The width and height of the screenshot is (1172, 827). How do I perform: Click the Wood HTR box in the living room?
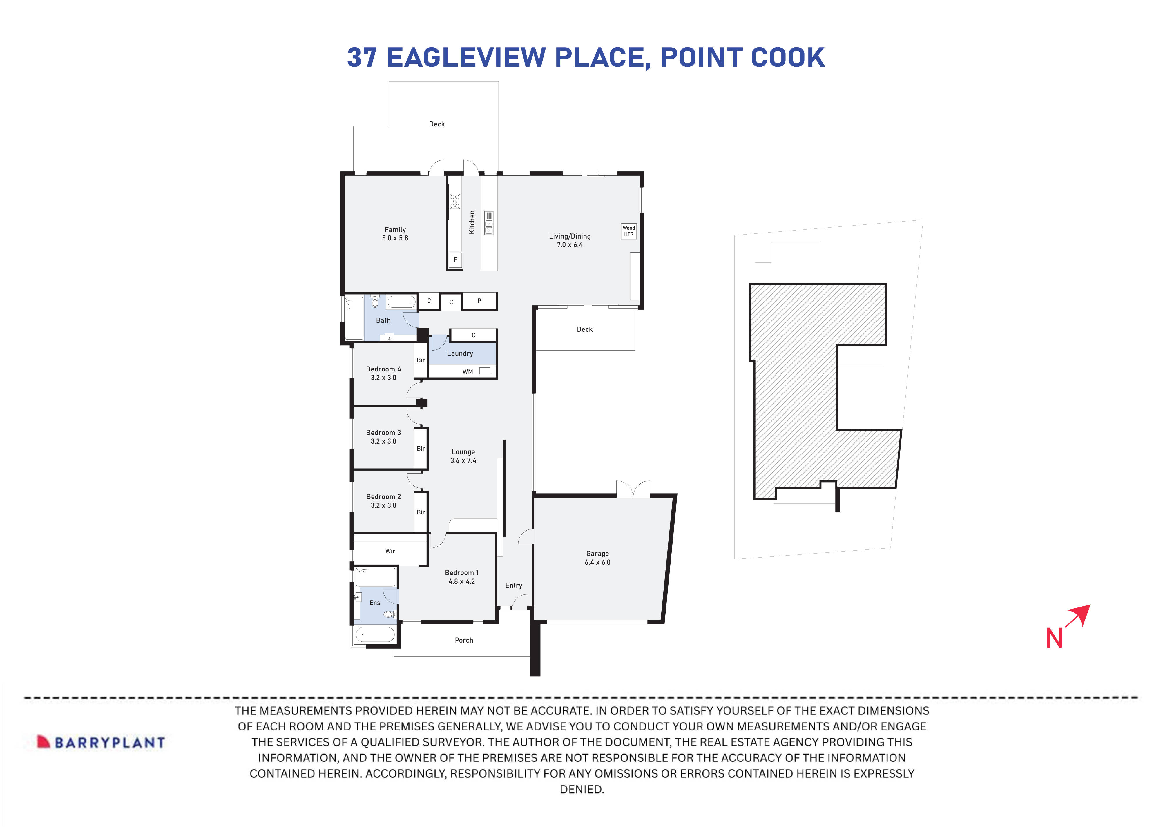click(628, 231)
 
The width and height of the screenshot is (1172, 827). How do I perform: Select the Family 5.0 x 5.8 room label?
click(395, 234)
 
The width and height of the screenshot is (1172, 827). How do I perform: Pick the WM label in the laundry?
click(468, 372)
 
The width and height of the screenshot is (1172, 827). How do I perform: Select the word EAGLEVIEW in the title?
click(466, 57)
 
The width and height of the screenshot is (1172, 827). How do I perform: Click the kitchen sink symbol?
click(489, 223)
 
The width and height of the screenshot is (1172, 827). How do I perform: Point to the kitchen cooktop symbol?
click(455, 201)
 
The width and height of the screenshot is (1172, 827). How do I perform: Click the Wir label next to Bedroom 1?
click(390, 551)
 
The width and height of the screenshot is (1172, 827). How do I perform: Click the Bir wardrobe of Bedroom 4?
click(421, 360)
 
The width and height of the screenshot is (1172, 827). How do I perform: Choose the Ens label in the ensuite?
click(375, 603)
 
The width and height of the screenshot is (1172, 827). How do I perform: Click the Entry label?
click(514, 585)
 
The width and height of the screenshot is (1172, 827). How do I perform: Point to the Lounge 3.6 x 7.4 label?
click(463, 456)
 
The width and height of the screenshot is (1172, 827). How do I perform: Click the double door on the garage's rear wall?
click(633, 490)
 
